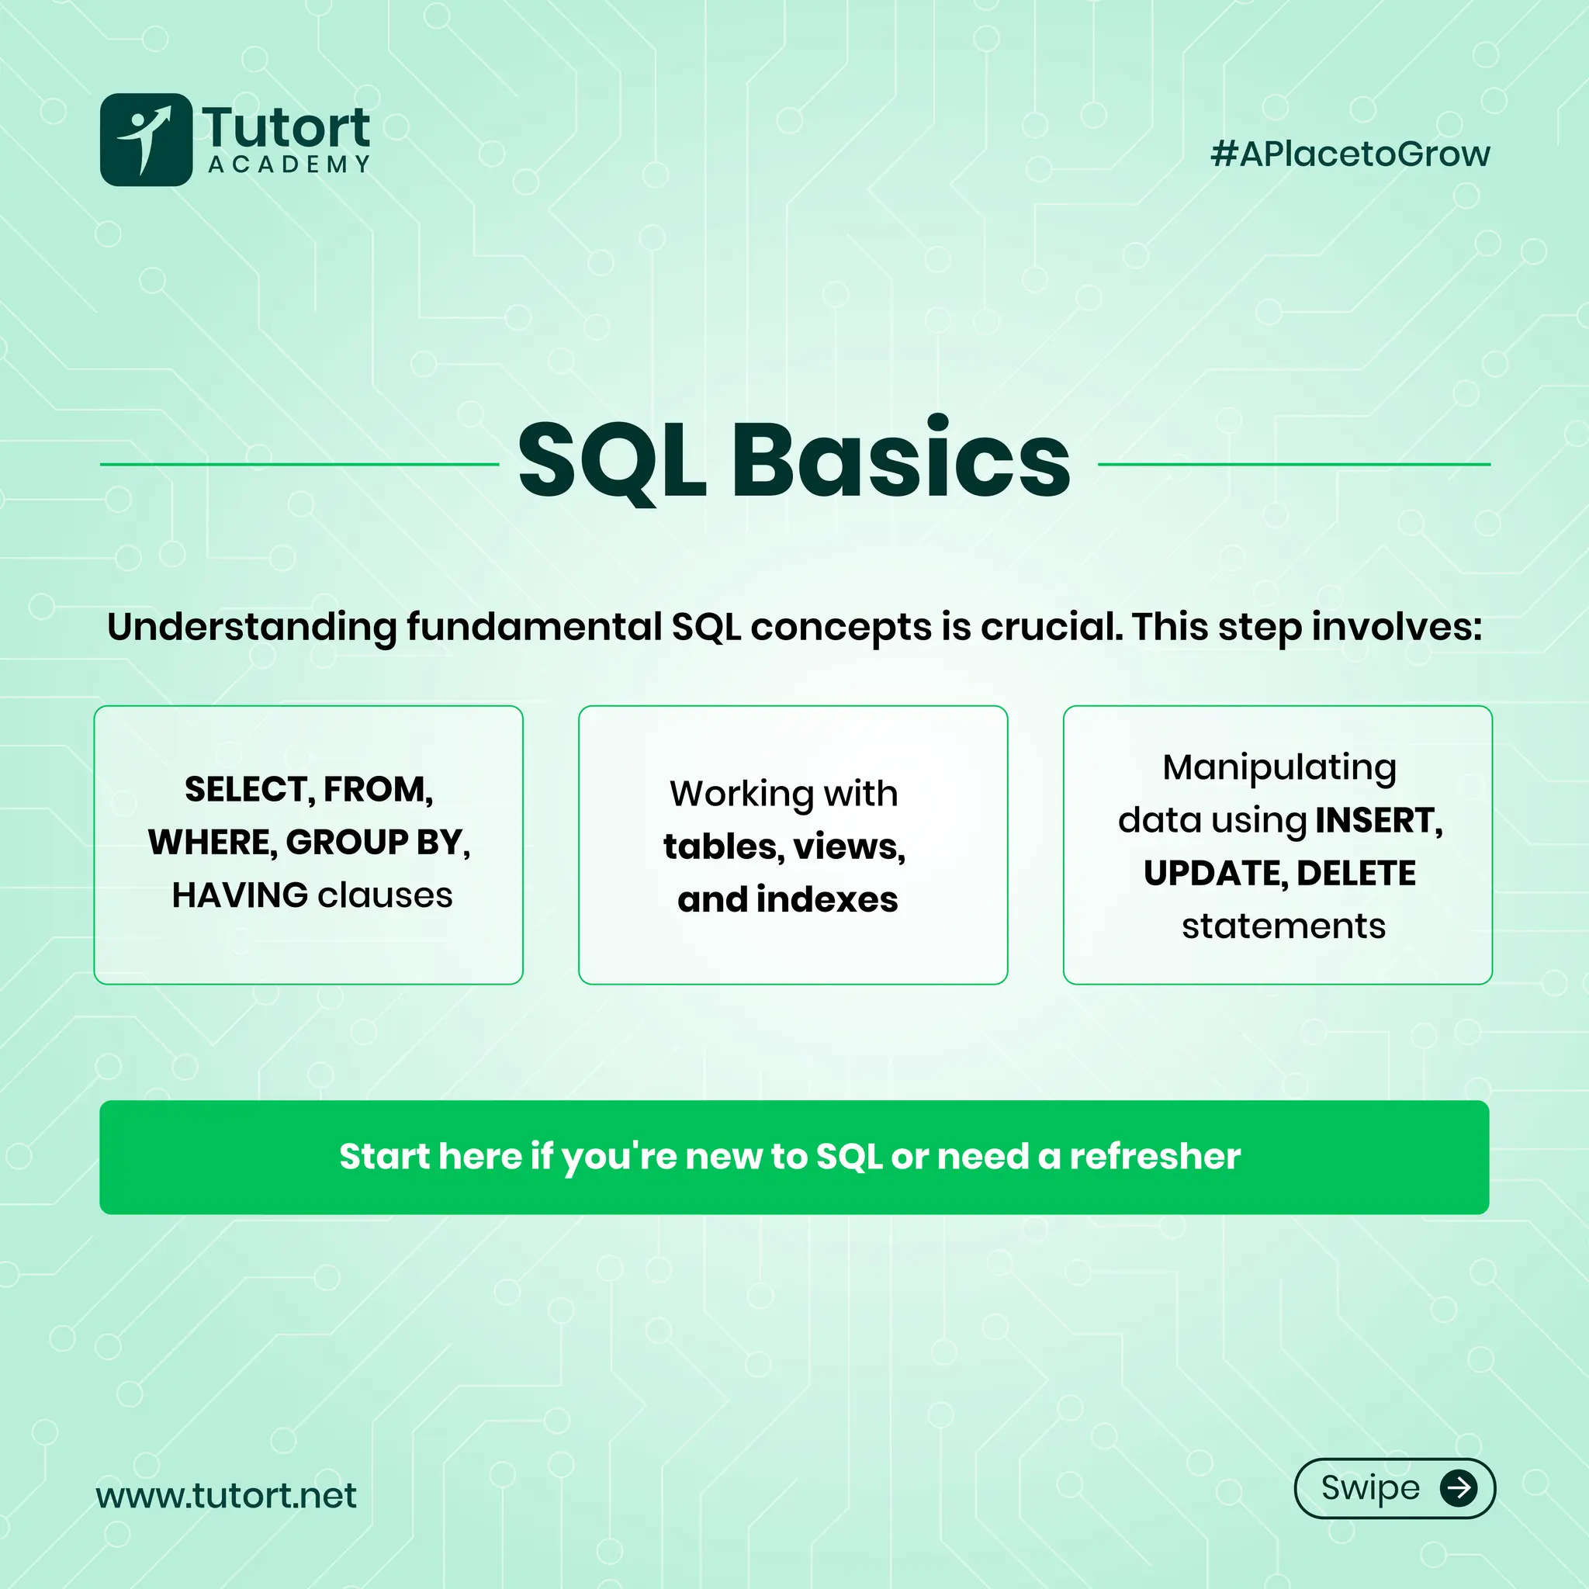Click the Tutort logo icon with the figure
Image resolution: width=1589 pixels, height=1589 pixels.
[x=146, y=140]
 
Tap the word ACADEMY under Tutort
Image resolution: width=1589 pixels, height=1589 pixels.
[x=289, y=164]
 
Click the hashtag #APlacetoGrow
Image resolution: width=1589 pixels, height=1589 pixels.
[x=1350, y=154]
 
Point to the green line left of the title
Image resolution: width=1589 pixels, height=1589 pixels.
[x=299, y=465]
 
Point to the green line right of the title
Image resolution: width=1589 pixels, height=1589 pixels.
[x=1293, y=465]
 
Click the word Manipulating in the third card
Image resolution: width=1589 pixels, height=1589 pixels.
[x=1279, y=767]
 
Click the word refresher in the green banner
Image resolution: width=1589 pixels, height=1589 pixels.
[x=1155, y=1156]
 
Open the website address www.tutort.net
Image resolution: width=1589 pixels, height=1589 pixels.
[x=227, y=1495]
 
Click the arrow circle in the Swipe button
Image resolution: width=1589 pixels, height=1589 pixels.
[x=1458, y=1488]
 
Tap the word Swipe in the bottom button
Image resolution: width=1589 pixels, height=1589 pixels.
[x=1370, y=1488]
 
